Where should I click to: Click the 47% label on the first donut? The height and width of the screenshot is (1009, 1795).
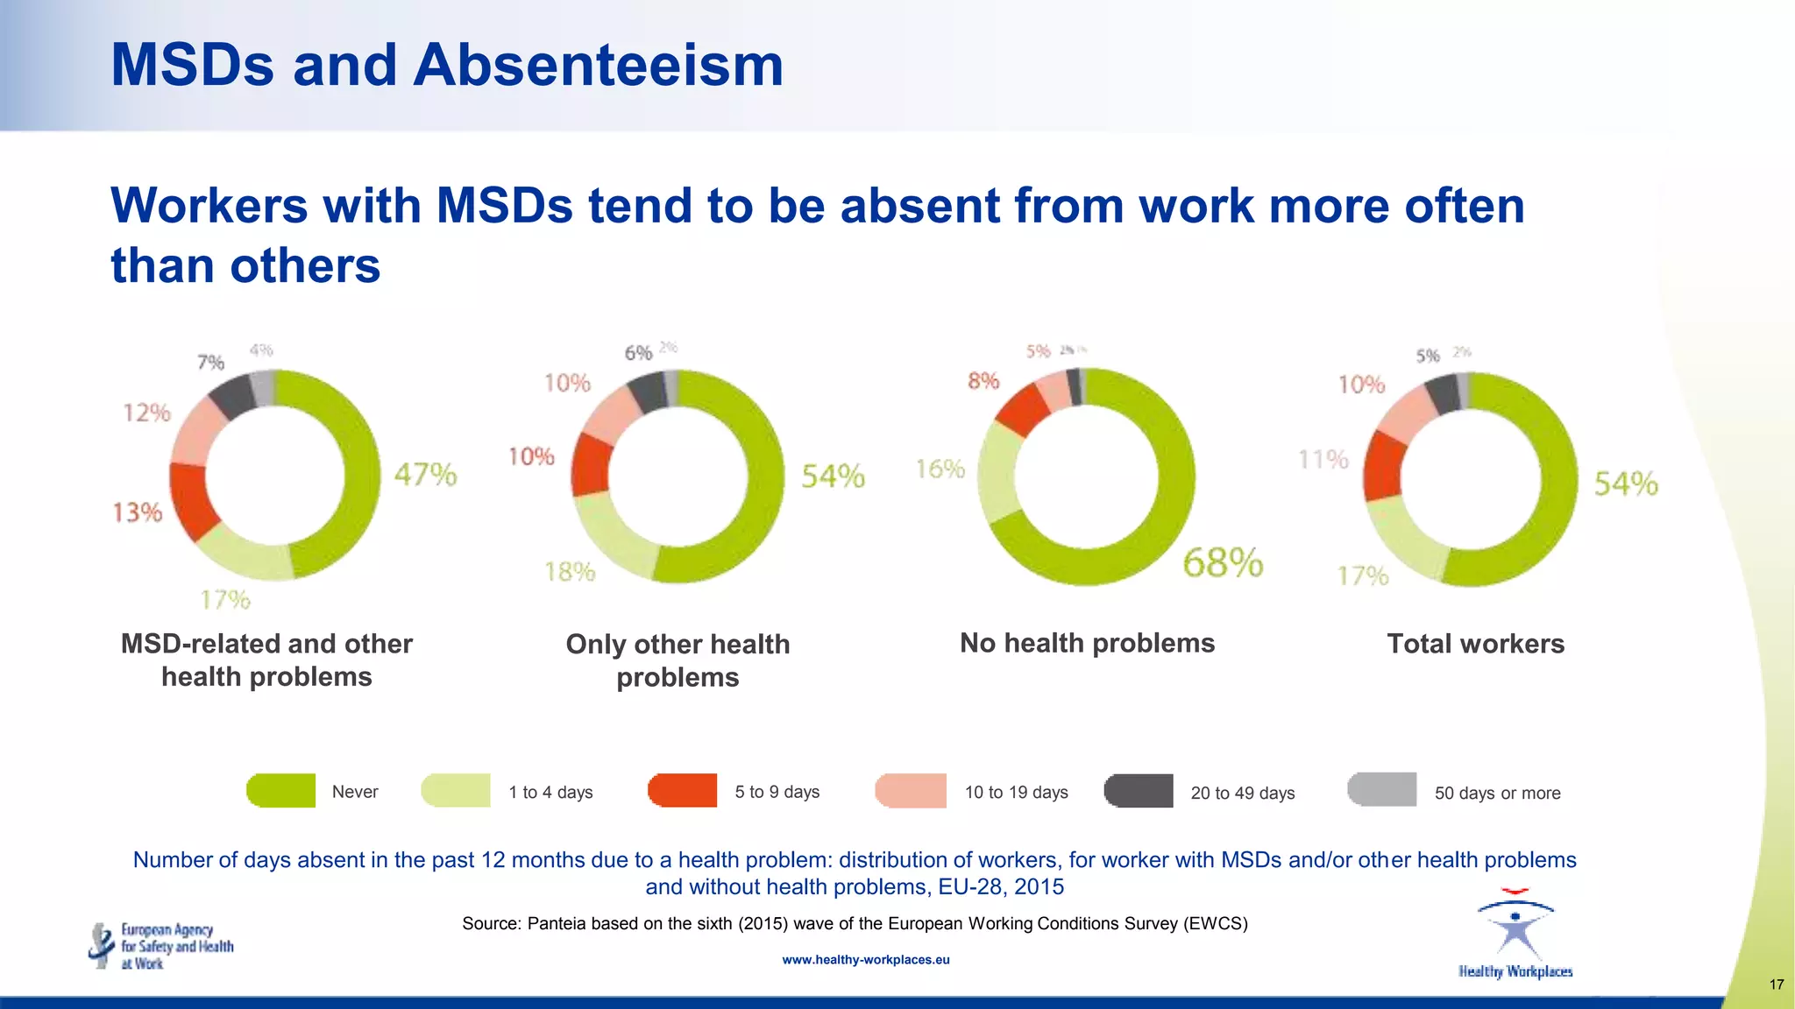tap(425, 475)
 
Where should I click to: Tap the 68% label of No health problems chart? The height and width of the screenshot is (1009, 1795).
tap(1223, 562)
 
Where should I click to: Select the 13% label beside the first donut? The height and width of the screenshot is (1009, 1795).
tap(138, 512)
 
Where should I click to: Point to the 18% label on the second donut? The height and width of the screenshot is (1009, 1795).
tap(570, 572)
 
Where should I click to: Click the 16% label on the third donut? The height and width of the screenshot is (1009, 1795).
tap(940, 469)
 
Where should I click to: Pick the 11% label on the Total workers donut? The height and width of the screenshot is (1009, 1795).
tap(1323, 459)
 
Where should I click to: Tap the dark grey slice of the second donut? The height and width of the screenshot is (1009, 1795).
tap(649, 392)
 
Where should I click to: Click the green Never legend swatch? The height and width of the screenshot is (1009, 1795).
tap(281, 791)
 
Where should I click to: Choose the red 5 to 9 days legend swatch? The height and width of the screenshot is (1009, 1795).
tap(683, 791)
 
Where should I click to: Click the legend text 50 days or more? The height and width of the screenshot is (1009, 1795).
tap(1497, 794)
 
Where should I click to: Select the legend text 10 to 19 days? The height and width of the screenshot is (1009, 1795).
tap(1016, 793)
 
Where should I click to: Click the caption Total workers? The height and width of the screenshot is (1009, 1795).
tap(1475, 644)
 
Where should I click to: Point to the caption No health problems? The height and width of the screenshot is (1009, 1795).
tap(1087, 643)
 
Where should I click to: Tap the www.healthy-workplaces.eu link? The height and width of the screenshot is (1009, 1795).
tap(865, 960)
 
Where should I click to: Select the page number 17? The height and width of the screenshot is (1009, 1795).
tap(1776, 984)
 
